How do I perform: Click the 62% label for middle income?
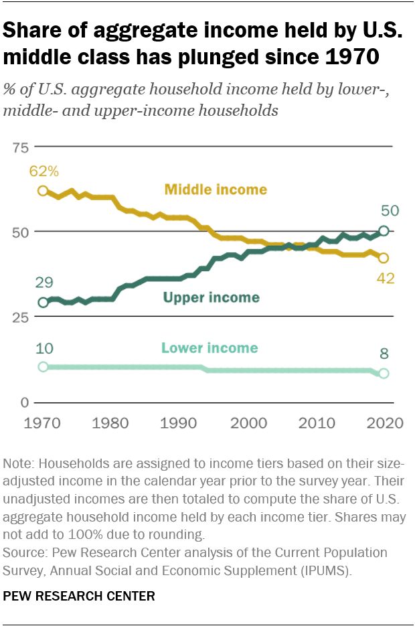[x=44, y=171]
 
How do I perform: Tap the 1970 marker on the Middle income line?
[x=44, y=191]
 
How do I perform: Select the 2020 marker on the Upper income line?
[x=384, y=231]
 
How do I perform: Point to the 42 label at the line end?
[x=384, y=278]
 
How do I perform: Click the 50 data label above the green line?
[x=390, y=211]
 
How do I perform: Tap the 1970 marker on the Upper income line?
[x=44, y=303]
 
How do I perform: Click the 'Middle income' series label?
[x=216, y=189]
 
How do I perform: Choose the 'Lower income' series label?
[x=209, y=348]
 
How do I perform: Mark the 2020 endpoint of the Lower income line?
[x=384, y=374]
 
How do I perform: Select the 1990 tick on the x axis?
[x=179, y=423]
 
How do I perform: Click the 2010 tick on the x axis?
[x=315, y=423]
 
